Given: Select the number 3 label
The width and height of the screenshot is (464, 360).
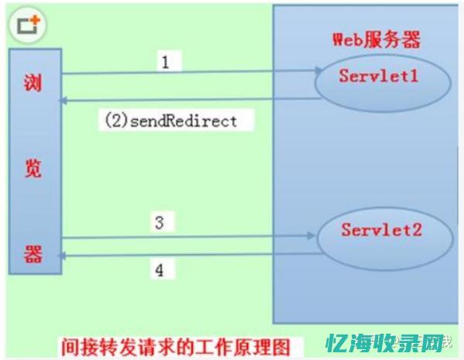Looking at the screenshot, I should coord(159,223).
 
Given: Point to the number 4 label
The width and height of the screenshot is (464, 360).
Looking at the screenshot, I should coord(159,270).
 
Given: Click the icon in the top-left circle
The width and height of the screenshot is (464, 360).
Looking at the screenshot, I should coord(26,24).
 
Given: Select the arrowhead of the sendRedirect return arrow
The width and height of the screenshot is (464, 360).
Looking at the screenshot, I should coord(67,100).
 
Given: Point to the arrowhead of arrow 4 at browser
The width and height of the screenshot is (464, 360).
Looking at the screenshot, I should coord(67,256).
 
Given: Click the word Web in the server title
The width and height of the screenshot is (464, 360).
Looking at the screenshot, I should coord(346,39).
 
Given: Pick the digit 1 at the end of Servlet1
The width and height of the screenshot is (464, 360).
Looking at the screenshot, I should coord(417,76).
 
